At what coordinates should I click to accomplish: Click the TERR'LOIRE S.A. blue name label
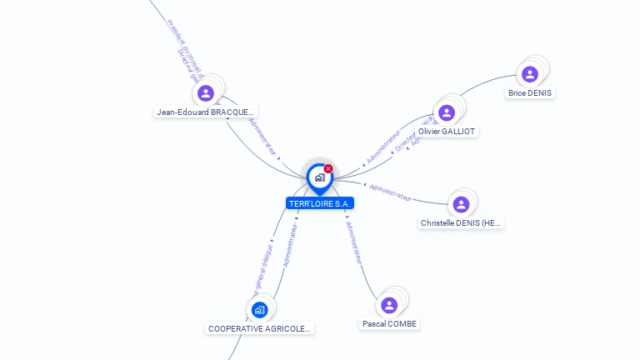click(320, 203)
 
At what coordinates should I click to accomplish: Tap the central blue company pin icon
click(319, 177)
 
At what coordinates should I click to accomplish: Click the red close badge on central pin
click(328, 169)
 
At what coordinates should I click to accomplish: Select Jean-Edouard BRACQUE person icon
click(206, 92)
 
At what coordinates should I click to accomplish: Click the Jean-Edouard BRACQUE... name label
click(206, 112)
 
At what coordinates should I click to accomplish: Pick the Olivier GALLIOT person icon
click(447, 112)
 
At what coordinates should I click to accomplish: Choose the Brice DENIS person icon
click(529, 74)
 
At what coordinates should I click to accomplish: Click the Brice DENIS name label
click(530, 93)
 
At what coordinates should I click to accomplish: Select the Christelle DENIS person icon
click(461, 204)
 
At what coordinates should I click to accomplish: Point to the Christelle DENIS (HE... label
click(462, 223)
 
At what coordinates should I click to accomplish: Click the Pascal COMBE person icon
click(388, 305)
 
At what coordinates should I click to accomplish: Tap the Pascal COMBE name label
click(389, 323)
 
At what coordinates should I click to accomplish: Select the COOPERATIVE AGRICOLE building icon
click(259, 310)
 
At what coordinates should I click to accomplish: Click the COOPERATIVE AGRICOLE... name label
click(259, 329)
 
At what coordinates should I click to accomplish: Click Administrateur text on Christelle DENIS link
click(390, 193)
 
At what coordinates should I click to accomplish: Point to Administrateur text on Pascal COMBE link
click(354, 242)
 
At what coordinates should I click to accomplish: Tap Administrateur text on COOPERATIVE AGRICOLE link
click(290, 244)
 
